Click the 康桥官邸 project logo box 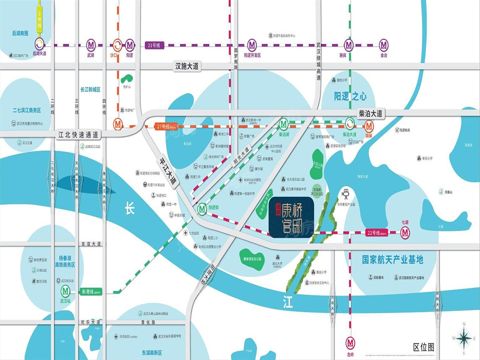(x=291, y=217)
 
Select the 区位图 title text (x=423, y=347)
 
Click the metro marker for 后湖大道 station (x=39, y=45)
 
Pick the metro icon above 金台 (x=384, y=45)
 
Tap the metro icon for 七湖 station (x=406, y=233)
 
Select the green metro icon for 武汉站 (x=65, y=291)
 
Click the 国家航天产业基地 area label (x=392, y=260)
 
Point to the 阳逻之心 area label (x=350, y=96)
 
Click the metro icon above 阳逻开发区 (x=252, y=45)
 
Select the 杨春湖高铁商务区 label (x=65, y=261)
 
